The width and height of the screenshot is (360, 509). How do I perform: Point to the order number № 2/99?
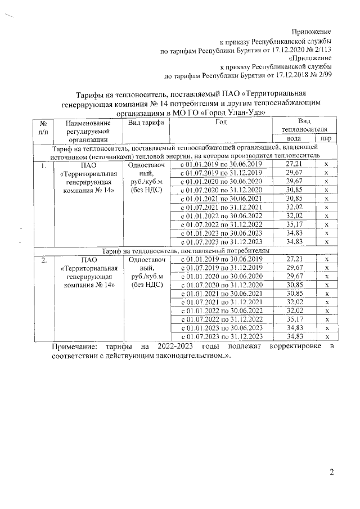coord(318,74)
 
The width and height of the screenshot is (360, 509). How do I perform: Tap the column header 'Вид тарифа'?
coord(146,123)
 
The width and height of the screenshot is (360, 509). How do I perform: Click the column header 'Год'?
coord(220,122)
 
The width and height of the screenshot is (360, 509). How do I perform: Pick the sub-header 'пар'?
coord(326,138)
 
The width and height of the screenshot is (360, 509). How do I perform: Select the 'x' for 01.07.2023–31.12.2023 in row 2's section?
coord(326,336)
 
